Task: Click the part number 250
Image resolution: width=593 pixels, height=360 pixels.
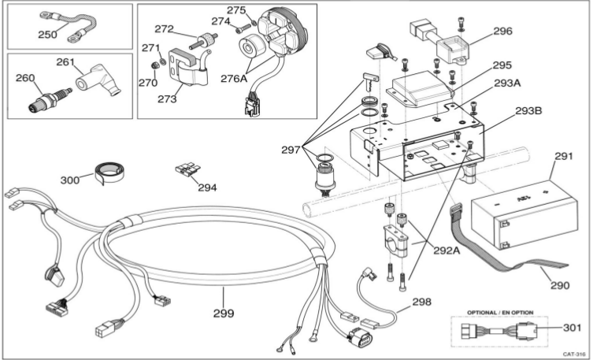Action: (x=50, y=35)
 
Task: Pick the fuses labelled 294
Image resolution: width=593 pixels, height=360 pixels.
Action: (x=187, y=171)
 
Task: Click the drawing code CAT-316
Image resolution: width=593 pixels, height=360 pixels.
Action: (x=573, y=354)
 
